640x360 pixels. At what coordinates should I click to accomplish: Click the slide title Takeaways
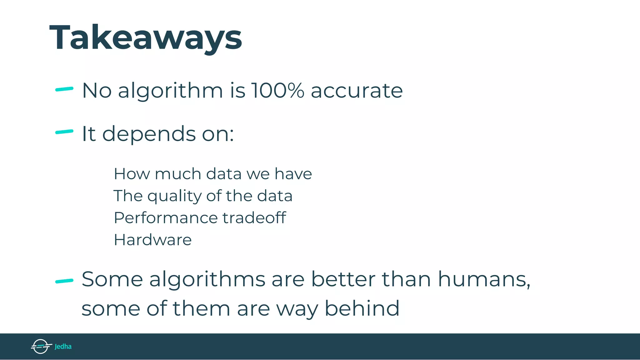click(146, 37)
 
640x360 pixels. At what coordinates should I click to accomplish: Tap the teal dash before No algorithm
click(64, 89)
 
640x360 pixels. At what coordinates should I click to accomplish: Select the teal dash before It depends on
click(64, 132)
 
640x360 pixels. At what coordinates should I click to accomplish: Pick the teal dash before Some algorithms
click(64, 281)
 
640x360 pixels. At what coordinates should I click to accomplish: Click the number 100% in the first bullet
click(278, 91)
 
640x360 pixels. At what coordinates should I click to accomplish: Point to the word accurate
click(357, 91)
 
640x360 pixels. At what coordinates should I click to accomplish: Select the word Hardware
click(152, 240)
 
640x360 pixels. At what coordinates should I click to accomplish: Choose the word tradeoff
click(254, 217)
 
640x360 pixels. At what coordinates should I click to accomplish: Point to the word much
click(178, 174)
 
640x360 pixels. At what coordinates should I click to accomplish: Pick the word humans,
click(484, 279)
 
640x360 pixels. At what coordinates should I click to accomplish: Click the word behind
click(362, 308)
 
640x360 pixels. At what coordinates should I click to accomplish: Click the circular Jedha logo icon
click(41, 346)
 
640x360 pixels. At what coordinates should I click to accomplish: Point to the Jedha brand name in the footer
click(63, 347)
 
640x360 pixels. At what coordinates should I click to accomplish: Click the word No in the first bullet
click(97, 91)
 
